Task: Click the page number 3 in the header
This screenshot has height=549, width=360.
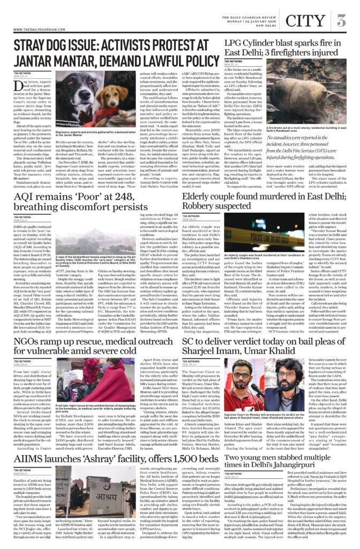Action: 341,21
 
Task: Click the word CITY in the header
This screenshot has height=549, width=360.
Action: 305,21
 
